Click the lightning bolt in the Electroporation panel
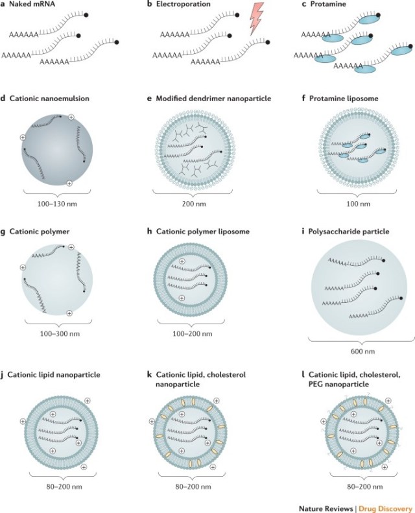(x=256, y=19)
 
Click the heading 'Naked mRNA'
(x=32, y=5)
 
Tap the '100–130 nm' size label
(x=57, y=204)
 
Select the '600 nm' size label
(x=362, y=352)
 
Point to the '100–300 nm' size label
(x=60, y=334)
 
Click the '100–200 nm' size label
(x=193, y=334)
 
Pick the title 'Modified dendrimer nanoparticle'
(x=213, y=99)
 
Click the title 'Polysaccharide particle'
(x=349, y=232)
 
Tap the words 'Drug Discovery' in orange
(x=385, y=508)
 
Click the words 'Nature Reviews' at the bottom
(x=326, y=508)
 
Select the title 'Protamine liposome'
(x=344, y=99)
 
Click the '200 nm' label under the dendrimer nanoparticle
(x=195, y=204)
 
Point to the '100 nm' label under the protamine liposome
(x=359, y=204)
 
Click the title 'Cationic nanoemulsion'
(x=49, y=99)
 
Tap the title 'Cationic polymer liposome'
(x=203, y=232)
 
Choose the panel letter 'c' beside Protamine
(x=304, y=5)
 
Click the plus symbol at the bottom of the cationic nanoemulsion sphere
(x=69, y=184)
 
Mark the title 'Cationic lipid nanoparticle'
(x=54, y=375)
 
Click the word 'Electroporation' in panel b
(x=183, y=5)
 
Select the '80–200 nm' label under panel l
(x=364, y=487)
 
